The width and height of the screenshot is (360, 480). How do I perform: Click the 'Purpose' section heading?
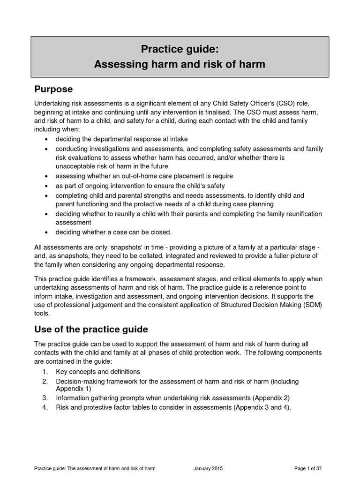[x=53, y=89]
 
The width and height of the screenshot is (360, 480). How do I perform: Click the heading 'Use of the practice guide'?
[x=91, y=329]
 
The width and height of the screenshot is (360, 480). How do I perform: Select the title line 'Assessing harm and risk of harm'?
[x=180, y=64]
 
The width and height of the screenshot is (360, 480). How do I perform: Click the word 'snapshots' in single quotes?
[x=140, y=247]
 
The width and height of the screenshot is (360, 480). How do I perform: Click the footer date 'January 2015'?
[x=208, y=468]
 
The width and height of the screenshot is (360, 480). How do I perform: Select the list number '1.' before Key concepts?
[x=45, y=372]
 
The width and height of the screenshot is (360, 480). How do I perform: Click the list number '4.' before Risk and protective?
[x=45, y=407]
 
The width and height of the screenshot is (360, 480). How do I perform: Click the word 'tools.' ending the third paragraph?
[x=42, y=314]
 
